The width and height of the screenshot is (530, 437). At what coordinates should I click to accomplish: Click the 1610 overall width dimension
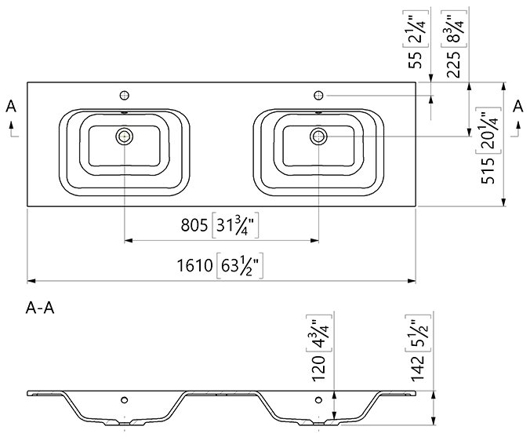194,265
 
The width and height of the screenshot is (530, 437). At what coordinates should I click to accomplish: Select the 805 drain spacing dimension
194,225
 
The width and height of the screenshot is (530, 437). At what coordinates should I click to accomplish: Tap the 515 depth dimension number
488,171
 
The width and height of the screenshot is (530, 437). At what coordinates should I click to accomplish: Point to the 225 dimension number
453,64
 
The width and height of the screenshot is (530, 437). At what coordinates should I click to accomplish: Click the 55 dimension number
415,60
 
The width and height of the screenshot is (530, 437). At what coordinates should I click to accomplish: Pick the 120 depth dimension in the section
318,368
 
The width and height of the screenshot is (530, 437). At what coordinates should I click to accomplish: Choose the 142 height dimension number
417,368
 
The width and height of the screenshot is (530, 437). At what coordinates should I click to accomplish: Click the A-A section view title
40,308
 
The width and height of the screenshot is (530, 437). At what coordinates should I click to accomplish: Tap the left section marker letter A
11,106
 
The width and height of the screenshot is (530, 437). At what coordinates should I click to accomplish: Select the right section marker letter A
517,106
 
